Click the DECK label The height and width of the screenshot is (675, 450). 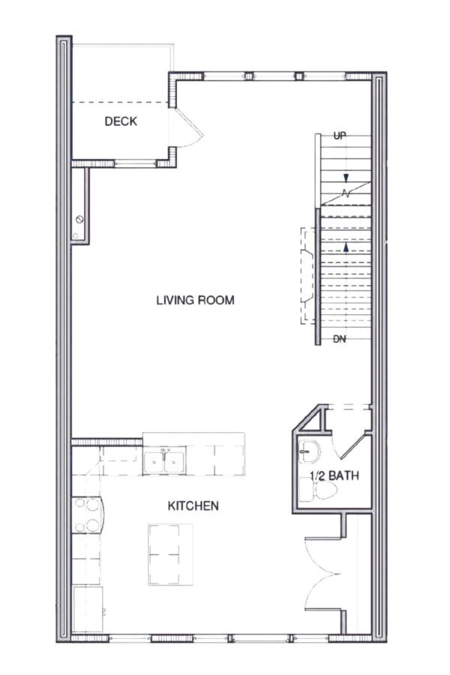coord(121,121)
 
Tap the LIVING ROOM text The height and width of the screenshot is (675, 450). coord(195,300)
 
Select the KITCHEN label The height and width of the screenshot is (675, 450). coord(193,506)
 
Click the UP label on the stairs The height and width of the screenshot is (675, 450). coord(340,136)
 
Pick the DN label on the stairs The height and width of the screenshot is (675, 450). coord(340,340)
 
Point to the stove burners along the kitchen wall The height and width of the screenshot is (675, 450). coord(88,516)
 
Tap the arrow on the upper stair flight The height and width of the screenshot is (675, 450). coord(346,178)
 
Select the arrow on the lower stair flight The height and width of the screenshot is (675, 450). coord(346,247)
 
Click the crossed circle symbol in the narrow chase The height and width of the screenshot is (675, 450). coord(79,219)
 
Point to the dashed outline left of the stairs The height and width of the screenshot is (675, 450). coord(307,274)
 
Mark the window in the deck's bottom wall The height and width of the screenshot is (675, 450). coord(120,162)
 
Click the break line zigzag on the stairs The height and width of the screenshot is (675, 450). coord(346,192)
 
